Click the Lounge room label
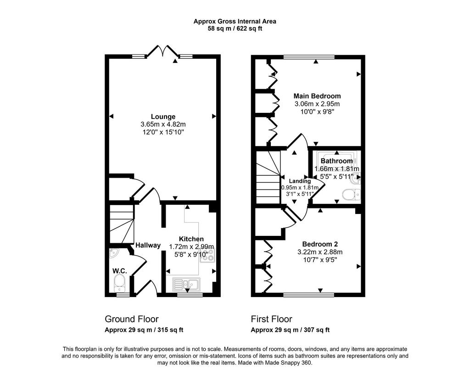tap(163, 117)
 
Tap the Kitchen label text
tap(191, 239)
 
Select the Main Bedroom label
tap(317, 96)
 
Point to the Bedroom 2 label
tap(320, 244)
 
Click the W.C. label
tap(120, 271)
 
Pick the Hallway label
tap(148, 245)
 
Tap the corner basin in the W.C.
tap(114, 253)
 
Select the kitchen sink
tap(186, 284)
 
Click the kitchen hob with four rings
tap(208, 255)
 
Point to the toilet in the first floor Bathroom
tap(351, 195)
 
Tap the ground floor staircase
tap(121, 224)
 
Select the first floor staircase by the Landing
tap(268, 177)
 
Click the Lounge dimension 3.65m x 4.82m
tap(163, 124)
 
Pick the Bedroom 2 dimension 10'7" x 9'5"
tap(320, 260)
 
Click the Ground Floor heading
tap(132, 319)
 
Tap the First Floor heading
tap(272, 319)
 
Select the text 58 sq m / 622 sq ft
tap(235, 29)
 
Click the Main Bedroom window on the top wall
tap(309, 56)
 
